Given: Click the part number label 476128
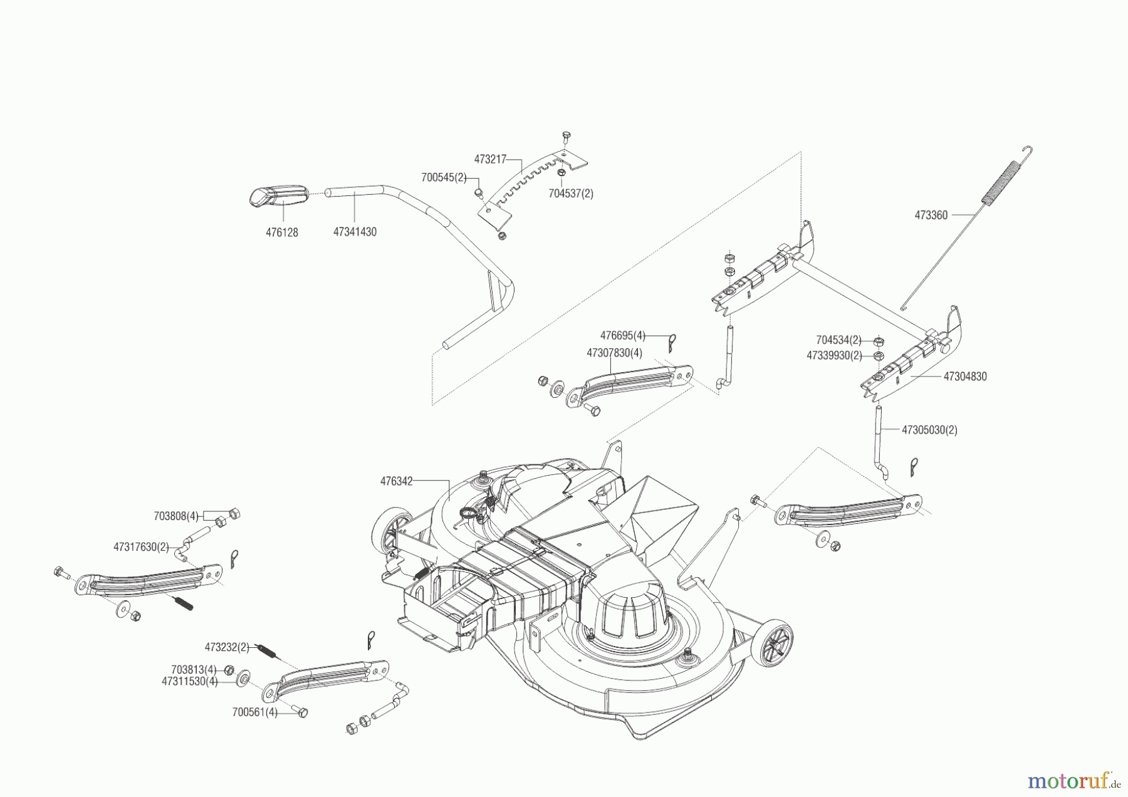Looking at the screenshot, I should [281, 232].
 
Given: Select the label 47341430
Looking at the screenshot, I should [355, 232].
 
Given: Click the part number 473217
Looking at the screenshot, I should [489, 159].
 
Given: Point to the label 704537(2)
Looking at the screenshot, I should [570, 194].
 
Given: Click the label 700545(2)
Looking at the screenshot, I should [444, 177].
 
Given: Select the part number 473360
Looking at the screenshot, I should [931, 215].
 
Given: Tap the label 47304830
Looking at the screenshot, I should [964, 377].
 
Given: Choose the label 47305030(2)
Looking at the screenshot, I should [929, 430].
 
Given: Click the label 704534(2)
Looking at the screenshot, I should [838, 340].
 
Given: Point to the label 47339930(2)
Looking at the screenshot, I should [833, 355].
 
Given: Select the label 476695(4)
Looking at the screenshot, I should [622, 336].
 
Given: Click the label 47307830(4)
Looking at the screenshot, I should [614, 353].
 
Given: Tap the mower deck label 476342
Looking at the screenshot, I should [396, 481].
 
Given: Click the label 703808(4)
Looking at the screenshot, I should [176, 516].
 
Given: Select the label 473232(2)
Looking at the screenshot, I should [227, 647].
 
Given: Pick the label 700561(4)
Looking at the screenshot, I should [254, 712].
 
